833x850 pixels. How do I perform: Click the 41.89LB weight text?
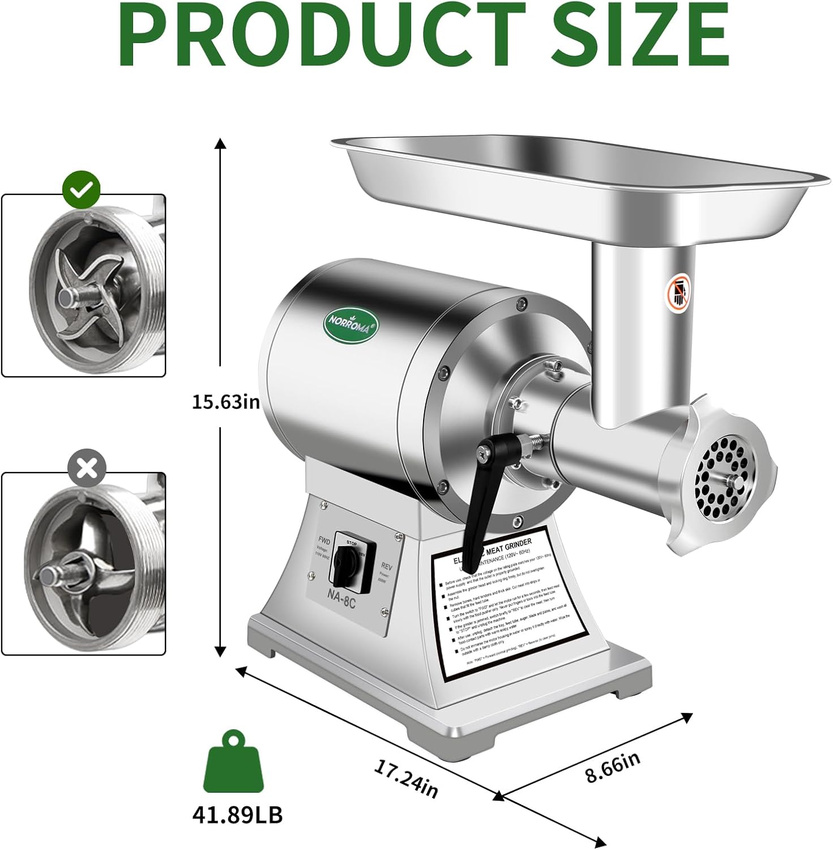coord(237,815)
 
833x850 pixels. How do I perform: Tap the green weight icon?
coord(233,762)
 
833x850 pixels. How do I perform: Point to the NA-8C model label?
coord(340,602)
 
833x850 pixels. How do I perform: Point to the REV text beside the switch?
coord(387,567)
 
